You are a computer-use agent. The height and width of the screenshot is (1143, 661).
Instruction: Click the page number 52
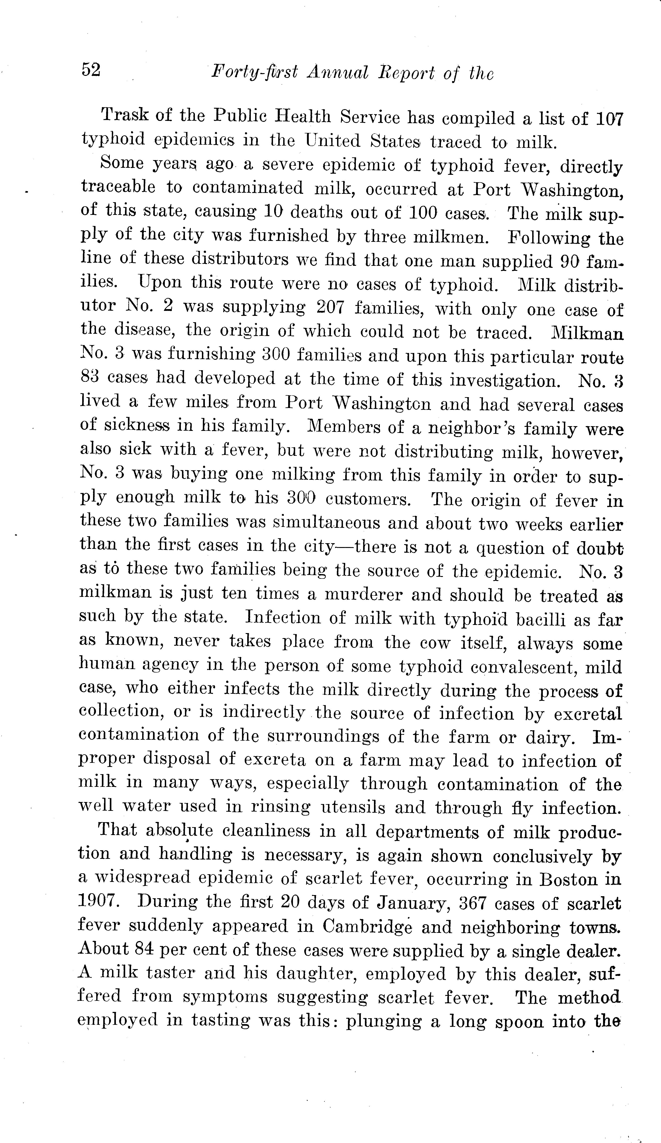(91, 70)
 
